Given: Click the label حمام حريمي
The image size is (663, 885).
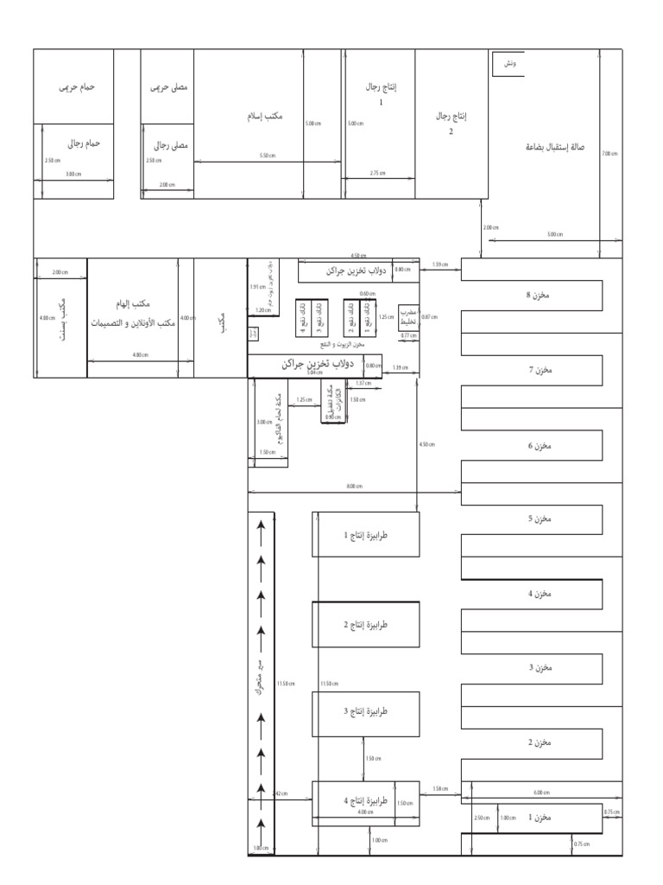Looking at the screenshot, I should pyautogui.click(x=76, y=87).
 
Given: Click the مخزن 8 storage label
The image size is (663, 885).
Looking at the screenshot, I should pyautogui.click(x=537, y=296).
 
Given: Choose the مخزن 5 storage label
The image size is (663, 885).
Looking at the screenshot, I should pyautogui.click(x=537, y=519).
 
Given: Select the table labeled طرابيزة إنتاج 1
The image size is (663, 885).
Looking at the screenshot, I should pyautogui.click(x=366, y=535).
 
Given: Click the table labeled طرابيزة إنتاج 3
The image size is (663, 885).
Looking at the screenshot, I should pyautogui.click(x=366, y=711).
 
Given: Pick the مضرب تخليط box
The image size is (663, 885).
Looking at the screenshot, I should pyautogui.click(x=408, y=317).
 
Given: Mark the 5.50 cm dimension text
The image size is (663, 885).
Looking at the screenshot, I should pyautogui.click(x=268, y=156).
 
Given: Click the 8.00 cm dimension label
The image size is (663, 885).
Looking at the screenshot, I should pyautogui.click(x=354, y=487).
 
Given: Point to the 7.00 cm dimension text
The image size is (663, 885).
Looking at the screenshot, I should pyautogui.click(x=610, y=154).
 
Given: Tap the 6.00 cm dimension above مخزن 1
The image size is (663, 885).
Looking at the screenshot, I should pyautogui.click(x=540, y=793).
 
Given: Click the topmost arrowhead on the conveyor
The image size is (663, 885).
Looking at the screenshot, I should pyautogui.click(x=261, y=524).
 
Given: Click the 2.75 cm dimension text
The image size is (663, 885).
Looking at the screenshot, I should pyautogui.click(x=377, y=173).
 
